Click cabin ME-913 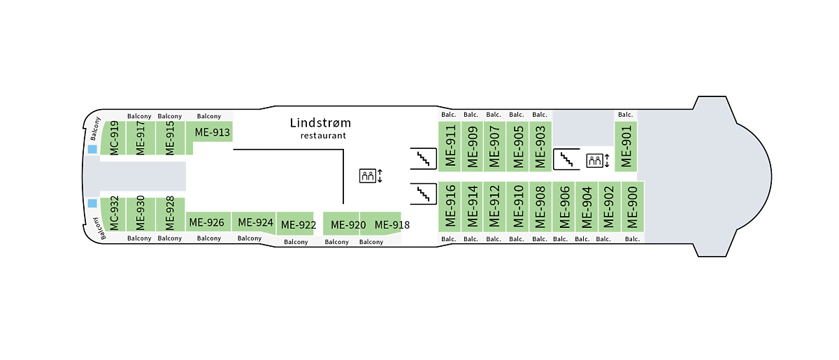coord(212,132)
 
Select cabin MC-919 coord(114,138)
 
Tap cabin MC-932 coord(114,214)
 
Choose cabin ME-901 coord(626,145)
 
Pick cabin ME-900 coord(632,207)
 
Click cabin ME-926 coord(206,222)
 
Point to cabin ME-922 coord(298,225)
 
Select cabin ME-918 coord(392,224)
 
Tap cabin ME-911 coord(450,145)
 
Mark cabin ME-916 coord(450,207)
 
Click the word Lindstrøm coord(320,123)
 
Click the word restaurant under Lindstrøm coord(323,136)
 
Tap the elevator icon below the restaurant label coord(368,176)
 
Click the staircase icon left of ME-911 coord(422,159)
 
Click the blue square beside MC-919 coord(92,150)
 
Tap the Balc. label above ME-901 coord(625,115)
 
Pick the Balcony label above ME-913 coord(208,116)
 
